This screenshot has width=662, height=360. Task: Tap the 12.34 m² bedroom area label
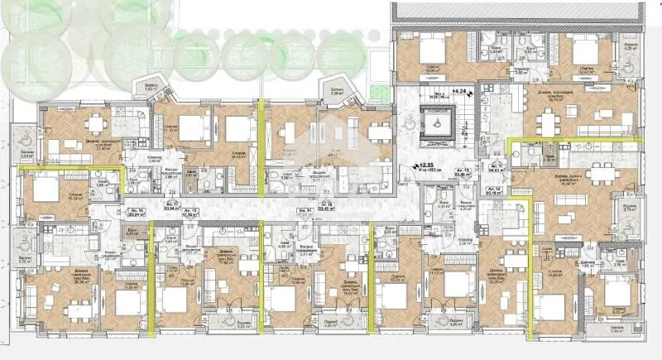pyautogui.click(x=50, y=199)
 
